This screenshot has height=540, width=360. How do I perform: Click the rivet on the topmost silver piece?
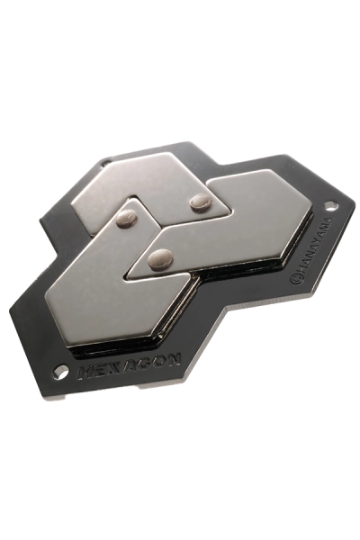point(201,202)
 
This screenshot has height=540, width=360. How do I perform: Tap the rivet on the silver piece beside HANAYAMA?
point(160,258)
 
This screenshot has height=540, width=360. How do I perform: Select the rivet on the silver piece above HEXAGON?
point(127,218)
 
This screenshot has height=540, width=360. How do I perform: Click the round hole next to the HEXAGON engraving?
point(61,372)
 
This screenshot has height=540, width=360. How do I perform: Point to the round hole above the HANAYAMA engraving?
point(331,207)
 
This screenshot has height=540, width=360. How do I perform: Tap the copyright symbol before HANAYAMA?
point(295,279)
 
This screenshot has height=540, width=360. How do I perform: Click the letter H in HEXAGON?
point(86,372)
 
